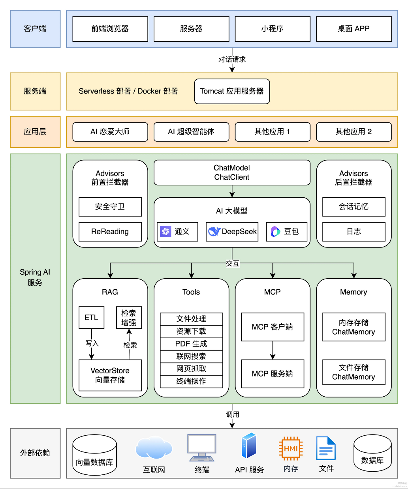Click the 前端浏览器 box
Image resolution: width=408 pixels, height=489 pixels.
tap(110, 29)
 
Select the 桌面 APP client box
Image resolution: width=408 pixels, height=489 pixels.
tap(353, 29)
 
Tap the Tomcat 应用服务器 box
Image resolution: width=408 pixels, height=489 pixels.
tap(232, 91)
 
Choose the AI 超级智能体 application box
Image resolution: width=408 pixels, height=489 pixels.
tap(191, 132)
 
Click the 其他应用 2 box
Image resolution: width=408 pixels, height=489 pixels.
tap(353, 132)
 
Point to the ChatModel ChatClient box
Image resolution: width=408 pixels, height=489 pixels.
tap(232, 172)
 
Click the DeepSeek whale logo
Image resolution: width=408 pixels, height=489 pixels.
tap(214, 232)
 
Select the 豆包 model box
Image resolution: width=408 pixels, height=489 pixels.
tap(286, 232)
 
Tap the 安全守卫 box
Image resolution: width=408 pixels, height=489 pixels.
tap(110, 207)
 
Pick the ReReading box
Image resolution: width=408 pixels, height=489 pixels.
tap(110, 232)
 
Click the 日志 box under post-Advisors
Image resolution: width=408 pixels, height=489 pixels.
tap(353, 232)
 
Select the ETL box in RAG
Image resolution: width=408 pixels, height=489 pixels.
tap(91, 317)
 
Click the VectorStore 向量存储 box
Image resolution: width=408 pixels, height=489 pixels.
tap(110, 375)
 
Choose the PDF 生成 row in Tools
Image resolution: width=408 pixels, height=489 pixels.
tap(191, 344)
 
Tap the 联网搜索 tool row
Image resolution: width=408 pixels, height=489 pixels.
tap(191, 356)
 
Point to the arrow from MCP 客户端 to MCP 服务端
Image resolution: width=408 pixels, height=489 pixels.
tap(273, 350)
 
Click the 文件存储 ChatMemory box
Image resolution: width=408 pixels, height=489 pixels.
tap(353, 372)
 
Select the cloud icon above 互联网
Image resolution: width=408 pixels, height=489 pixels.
tap(154, 448)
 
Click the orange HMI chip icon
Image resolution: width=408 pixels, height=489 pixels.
tap(291, 448)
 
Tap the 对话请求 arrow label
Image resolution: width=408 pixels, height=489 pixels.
tap(232, 60)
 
